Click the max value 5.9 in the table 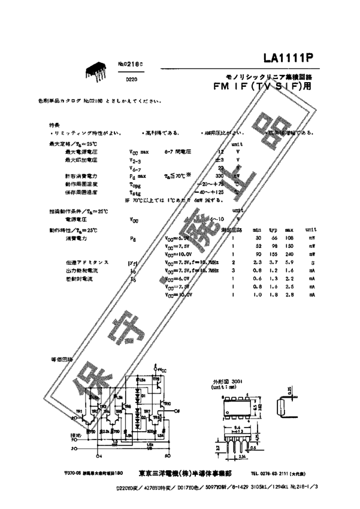pyautogui.click(x=289, y=262)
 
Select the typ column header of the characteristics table pyautogui.click(x=273, y=230)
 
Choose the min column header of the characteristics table pyautogui.click(x=257, y=230)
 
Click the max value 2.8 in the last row pyautogui.click(x=289, y=295)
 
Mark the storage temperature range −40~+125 pyautogui.click(x=218, y=192)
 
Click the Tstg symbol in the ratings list pyautogui.click(x=135, y=192)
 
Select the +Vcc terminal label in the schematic pyautogui.click(x=162, y=368)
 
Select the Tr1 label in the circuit pyautogui.click(x=79, y=411)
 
